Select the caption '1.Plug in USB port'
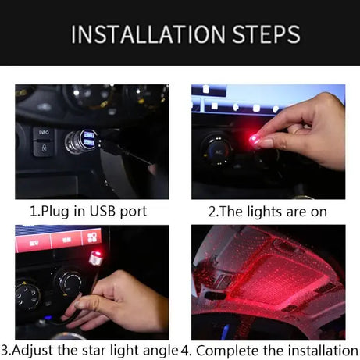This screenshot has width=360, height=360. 87,211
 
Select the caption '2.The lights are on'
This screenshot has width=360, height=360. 268,211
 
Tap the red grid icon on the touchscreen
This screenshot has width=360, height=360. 91,237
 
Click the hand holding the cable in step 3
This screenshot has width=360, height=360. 117,301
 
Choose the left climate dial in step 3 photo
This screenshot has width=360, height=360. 28,295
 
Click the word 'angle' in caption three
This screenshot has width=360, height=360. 159,351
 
